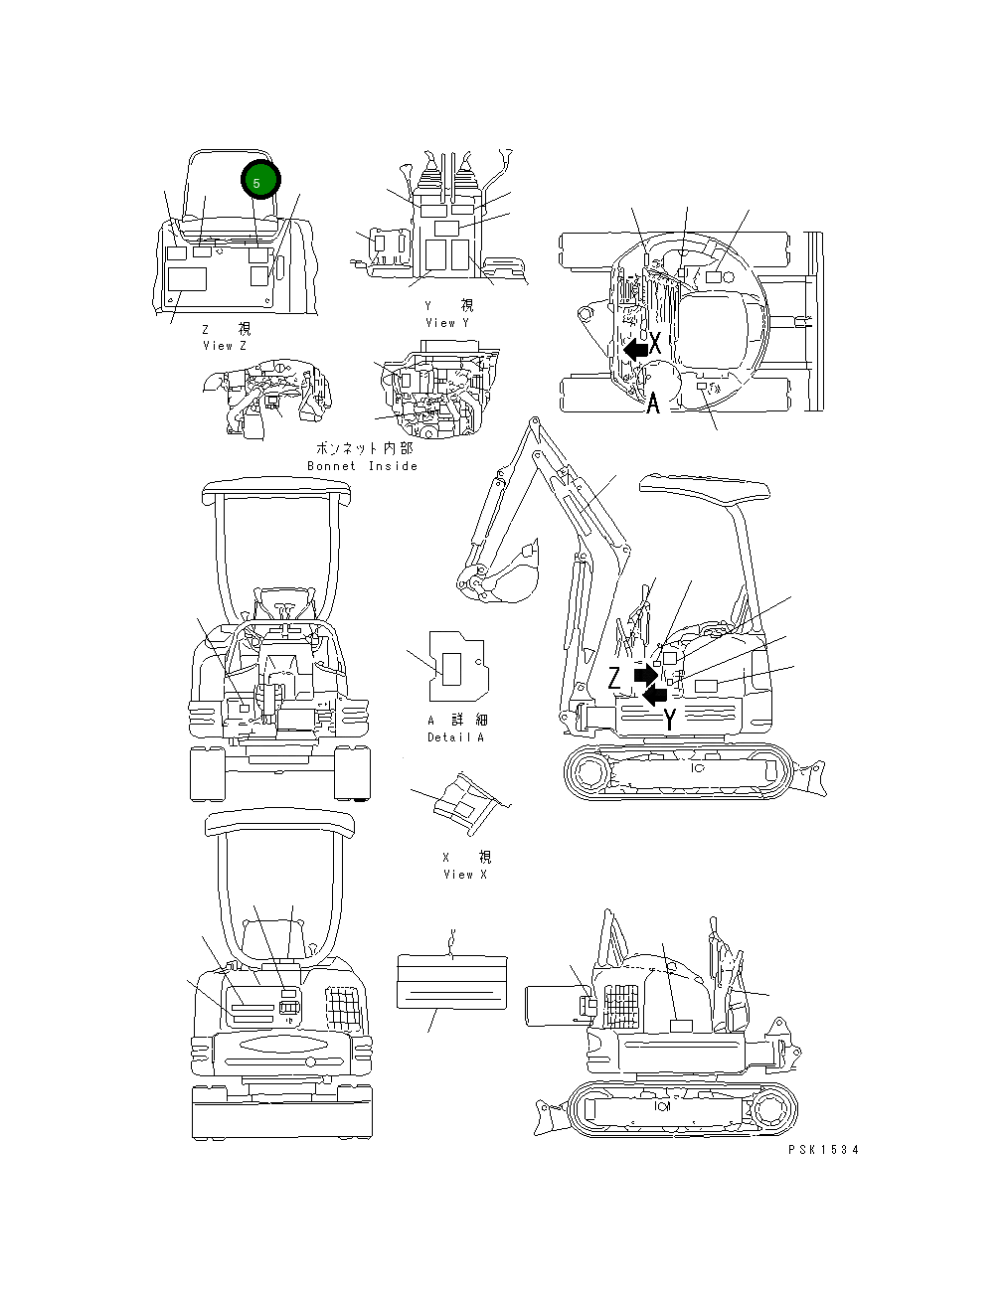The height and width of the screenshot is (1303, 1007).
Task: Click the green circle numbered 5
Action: pyautogui.click(x=260, y=182)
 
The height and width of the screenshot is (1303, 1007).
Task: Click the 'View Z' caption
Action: pyautogui.click(x=225, y=346)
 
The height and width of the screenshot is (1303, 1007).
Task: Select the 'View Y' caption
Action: pyautogui.click(x=446, y=323)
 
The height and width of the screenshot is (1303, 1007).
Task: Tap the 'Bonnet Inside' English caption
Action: pyautogui.click(x=362, y=466)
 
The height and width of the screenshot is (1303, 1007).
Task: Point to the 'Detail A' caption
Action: pyautogui.click(x=456, y=737)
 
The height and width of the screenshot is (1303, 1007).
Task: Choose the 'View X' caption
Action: pyautogui.click(x=465, y=875)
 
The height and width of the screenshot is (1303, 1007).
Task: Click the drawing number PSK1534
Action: pyautogui.click(x=823, y=1150)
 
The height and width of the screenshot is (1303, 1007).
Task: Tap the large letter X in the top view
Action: pyautogui.click(x=656, y=344)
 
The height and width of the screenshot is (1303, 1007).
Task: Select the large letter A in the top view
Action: pyautogui.click(x=653, y=405)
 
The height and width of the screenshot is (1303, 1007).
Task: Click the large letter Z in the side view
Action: pyautogui.click(x=616, y=678)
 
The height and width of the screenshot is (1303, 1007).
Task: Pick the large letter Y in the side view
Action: pyautogui.click(x=671, y=720)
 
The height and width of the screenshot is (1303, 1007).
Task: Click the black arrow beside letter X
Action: pyautogui.click(x=634, y=349)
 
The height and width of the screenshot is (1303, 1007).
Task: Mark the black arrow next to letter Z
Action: pyautogui.click(x=645, y=675)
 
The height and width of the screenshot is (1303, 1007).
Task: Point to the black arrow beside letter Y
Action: pyautogui.click(x=653, y=696)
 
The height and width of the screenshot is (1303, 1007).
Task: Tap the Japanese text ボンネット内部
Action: pyautogui.click(x=364, y=449)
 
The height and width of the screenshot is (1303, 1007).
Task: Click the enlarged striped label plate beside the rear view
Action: pyautogui.click(x=451, y=982)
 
